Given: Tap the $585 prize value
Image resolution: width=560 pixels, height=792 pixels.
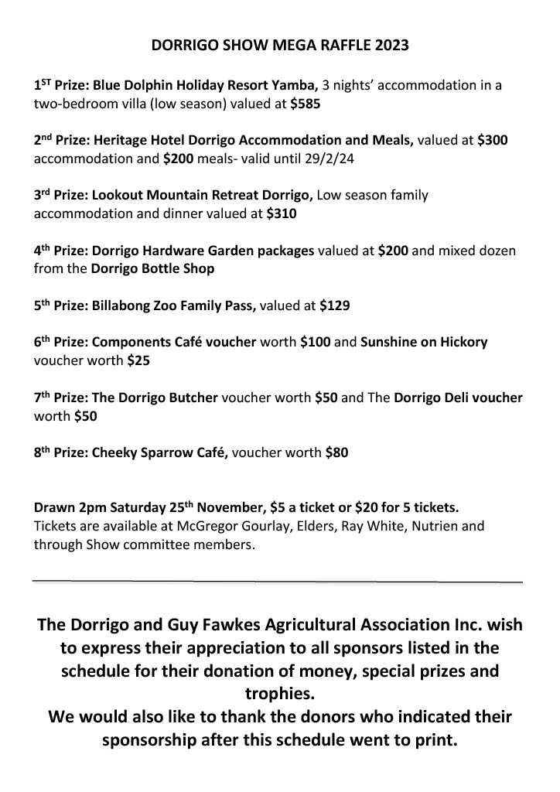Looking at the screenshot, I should click(306, 103).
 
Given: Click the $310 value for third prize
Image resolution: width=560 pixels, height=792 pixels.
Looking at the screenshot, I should click(281, 214).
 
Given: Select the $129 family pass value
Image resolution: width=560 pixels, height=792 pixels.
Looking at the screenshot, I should click(335, 306).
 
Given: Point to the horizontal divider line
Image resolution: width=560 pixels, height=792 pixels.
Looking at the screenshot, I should click(278, 580).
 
